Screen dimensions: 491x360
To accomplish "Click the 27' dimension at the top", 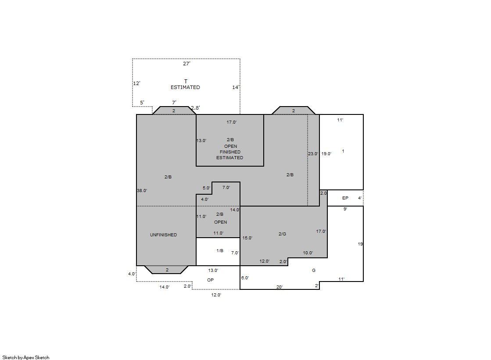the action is pyautogui.click(x=186, y=64).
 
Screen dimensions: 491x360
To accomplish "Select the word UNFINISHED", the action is pyautogui.click(x=164, y=235).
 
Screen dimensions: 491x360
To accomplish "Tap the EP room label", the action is pyautogui.click(x=345, y=198).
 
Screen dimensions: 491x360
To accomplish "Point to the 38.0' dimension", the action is pyautogui.click(x=142, y=190).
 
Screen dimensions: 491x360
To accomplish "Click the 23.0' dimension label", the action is pyautogui.click(x=313, y=154).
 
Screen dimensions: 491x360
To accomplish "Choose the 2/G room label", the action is pyautogui.click(x=282, y=234).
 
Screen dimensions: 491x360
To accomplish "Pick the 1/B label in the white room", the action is pyautogui.click(x=220, y=250).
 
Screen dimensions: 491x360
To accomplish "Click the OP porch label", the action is pyautogui.click(x=211, y=280).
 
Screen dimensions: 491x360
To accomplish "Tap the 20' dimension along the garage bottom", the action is pyautogui.click(x=280, y=287).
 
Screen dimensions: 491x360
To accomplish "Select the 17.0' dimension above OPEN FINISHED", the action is pyautogui.click(x=232, y=122).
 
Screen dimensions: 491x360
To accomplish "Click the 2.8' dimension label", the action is pyautogui.click(x=195, y=108).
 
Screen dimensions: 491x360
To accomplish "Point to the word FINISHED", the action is pyautogui.click(x=230, y=152).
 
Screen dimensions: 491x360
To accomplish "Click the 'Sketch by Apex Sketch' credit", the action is pyautogui.click(x=26, y=357).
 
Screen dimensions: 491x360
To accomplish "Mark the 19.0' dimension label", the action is pyautogui.click(x=326, y=154).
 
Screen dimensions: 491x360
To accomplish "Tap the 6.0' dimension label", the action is pyautogui.click(x=245, y=278).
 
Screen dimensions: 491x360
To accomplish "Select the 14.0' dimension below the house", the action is pyautogui.click(x=165, y=287).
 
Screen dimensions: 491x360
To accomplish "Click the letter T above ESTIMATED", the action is pyautogui.click(x=186, y=82).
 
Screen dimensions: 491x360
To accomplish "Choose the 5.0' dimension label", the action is pyautogui.click(x=207, y=188).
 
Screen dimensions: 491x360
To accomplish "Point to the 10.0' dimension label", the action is pyautogui.click(x=308, y=253).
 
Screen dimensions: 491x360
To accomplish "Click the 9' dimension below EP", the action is pyautogui.click(x=345, y=209).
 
